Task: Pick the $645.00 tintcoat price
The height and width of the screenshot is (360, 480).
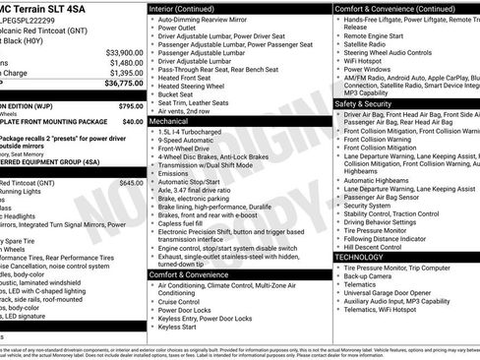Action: [x=130, y=183]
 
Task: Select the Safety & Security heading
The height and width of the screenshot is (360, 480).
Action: [x=363, y=102]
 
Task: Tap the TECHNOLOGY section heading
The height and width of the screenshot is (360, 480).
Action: [x=359, y=257]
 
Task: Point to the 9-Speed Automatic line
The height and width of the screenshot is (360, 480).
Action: [x=191, y=141]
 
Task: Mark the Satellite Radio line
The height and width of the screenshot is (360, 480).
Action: [x=365, y=43]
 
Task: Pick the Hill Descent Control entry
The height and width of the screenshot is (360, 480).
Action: [x=384, y=246]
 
